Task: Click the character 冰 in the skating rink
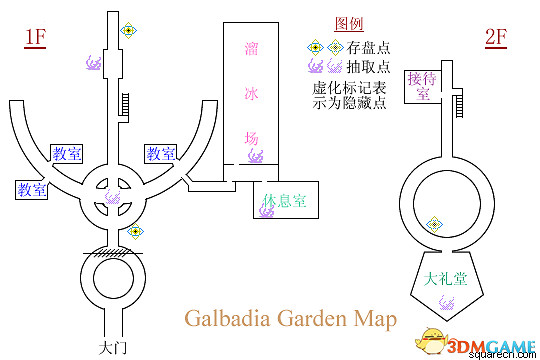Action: tap(250, 93)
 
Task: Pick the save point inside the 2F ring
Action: tap(435, 224)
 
